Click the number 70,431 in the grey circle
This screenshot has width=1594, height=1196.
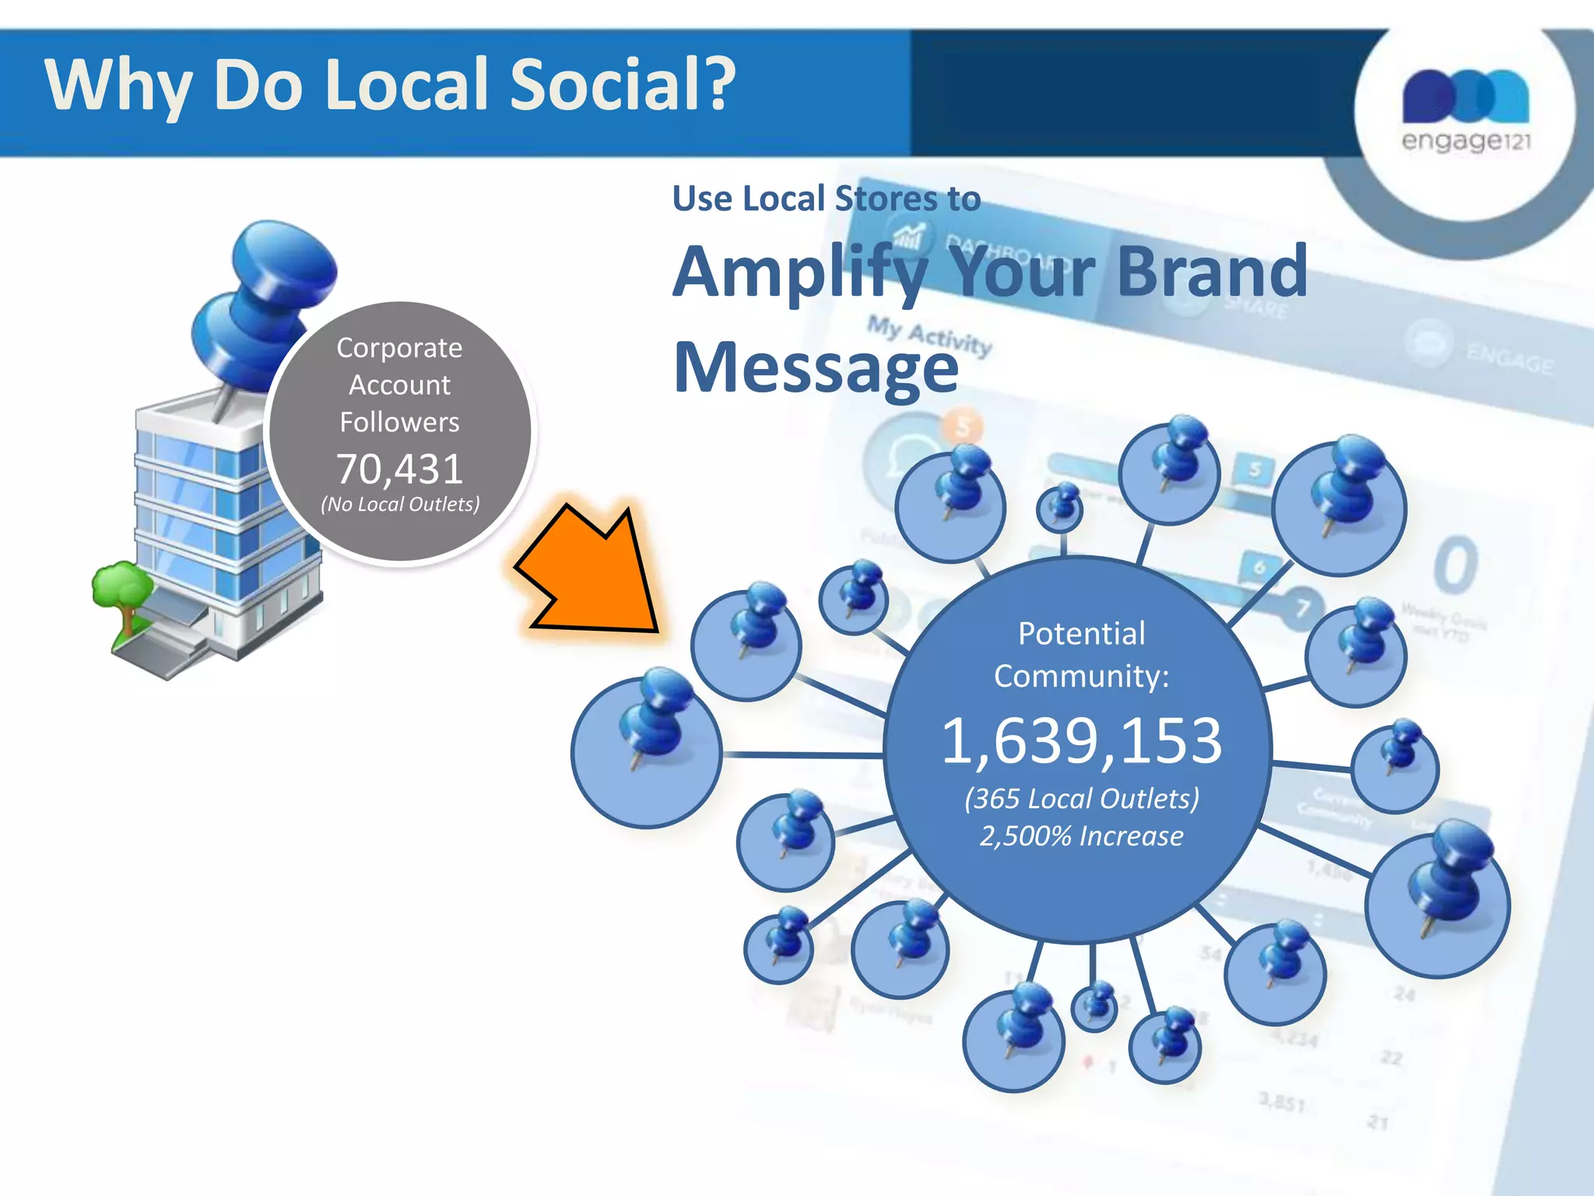click(x=399, y=469)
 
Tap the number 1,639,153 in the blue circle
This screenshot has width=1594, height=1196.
click(x=1081, y=740)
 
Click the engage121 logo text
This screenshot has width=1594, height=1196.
click(x=1466, y=141)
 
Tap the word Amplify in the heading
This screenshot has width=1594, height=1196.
click(x=802, y=273)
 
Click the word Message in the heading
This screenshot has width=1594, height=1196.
click(x=816, y=368)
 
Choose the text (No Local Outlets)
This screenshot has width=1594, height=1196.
click(x=400, y=505)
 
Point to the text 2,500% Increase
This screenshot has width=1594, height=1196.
click(x=1081, y=835)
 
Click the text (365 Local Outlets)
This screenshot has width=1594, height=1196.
click(x=1081, y=799)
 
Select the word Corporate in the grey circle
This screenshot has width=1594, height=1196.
click(x=399, y=348)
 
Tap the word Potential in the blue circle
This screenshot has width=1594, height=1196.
click(x=1081, y=634)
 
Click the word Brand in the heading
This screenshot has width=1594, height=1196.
click(x=1212, y=272)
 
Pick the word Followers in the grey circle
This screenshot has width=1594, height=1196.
click(x=399, y=422)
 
